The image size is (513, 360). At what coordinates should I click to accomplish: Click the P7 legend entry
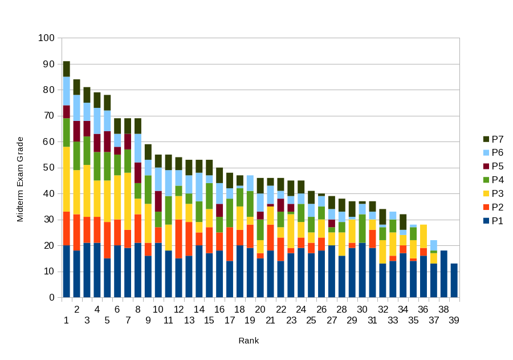[x=493, y=139]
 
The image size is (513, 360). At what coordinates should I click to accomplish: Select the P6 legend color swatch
[x=486, y=152]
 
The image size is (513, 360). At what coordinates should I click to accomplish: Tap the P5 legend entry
[x=493, y=166]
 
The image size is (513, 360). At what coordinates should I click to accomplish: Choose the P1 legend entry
[x=493, y=221]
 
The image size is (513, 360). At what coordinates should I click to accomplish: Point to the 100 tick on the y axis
[x=46, y=38]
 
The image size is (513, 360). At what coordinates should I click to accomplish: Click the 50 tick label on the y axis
[x=48, y=168]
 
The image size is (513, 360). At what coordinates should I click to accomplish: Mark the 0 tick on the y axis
[x=52, y=298]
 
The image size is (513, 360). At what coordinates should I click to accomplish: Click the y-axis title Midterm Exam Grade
[x=20, y=179]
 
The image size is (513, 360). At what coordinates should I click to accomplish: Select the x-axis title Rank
[x=249, y=341]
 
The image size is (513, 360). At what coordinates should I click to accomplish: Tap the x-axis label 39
[x=454, y=320]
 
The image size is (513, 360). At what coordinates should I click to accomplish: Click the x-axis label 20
[x=260, y=309]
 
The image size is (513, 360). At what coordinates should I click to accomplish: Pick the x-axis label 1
[x=66, y=320]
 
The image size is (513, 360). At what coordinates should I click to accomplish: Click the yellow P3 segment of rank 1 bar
[x=67, y=179]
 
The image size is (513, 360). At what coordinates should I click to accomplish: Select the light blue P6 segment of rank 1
[x=67, y=91]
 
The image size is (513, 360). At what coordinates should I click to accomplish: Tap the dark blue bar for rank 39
[x=454, y=280]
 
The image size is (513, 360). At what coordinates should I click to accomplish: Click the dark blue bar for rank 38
[x=443, y=274]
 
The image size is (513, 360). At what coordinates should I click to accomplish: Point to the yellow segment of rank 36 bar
[x=424, y=236]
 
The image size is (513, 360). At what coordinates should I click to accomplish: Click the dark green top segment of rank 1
[x=67, y=69]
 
